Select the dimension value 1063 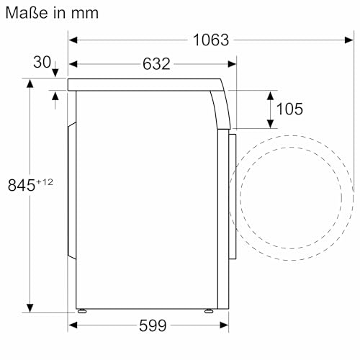pyautogui.click(x=211, y=40)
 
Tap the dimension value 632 pyautogui.click(x=156, y=64)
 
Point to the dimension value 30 pyautogui.click(x=42, y=63)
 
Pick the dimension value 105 pyautogui.click(x=289, y=109)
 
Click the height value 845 pyautogui.click(x=22, y=185)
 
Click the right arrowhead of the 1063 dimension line pyautogui.click(x=349, y=40)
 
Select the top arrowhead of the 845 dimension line pyautogui.click(x=30, y=84)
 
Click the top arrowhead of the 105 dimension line pyautogui.click(x=271, y=95)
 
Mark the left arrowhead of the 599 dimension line pyautogui.click(x=73, y=326)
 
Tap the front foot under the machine pyautogui.click(x=209, y=310)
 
